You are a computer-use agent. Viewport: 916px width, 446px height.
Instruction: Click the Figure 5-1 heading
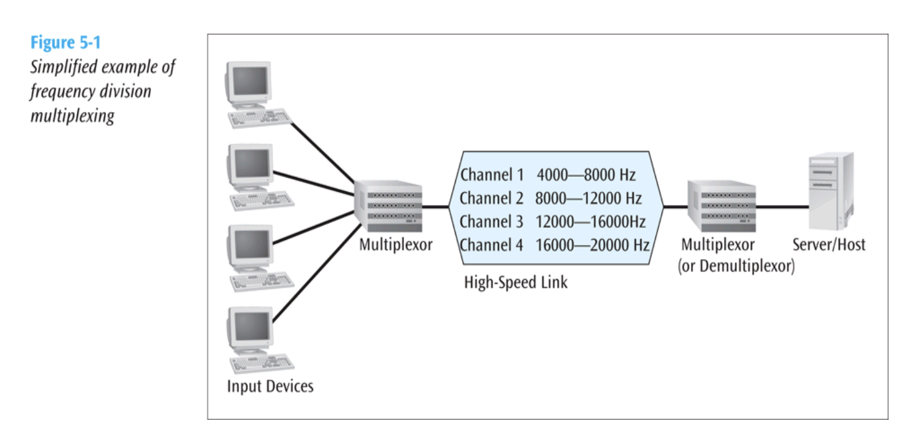65,44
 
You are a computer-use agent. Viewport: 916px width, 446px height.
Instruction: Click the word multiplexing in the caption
72,115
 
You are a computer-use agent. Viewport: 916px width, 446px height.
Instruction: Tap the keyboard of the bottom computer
261,363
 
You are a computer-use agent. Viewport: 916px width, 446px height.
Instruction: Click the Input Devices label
270,386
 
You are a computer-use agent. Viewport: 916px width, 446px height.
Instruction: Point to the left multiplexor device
388,205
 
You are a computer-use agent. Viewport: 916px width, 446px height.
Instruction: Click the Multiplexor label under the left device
395,245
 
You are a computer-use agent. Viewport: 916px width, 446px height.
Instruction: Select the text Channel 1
491,175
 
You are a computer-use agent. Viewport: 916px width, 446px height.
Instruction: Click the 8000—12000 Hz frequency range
588,199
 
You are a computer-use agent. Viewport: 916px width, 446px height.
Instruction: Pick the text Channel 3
491,222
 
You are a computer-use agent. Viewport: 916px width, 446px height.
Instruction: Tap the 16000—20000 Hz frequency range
592,245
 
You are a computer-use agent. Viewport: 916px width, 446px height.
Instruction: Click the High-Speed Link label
516,282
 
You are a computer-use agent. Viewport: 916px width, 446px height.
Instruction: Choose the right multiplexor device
721,205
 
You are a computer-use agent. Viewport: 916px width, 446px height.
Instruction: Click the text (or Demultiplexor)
736,267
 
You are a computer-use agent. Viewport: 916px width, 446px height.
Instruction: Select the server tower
830,191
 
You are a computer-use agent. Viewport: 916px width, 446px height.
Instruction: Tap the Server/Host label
829,245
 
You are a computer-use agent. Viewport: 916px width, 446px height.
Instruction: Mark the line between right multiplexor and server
782,206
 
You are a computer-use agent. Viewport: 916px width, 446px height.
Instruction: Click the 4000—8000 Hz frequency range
586,175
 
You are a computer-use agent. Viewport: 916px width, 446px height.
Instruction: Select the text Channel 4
491,245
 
